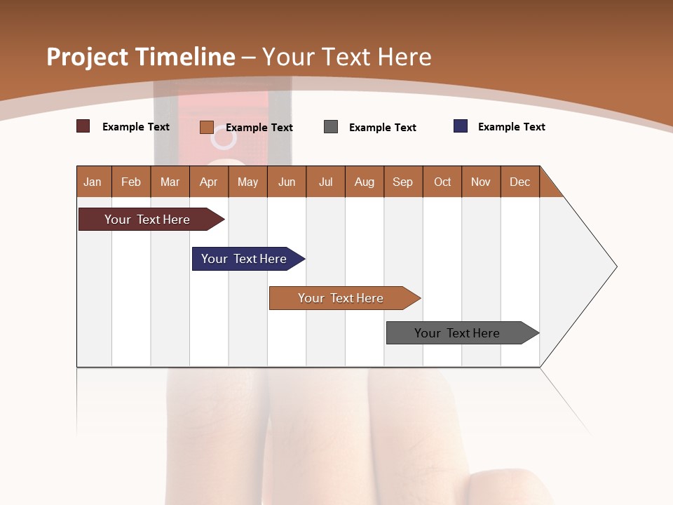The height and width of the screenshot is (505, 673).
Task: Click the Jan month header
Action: pos(93,182)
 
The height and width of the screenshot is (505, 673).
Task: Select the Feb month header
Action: pos(131,182)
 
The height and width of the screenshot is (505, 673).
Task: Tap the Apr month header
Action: pos(209,182)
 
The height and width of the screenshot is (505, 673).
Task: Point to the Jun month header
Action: pos(287,182)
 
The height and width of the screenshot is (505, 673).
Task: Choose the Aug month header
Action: pos(365,182)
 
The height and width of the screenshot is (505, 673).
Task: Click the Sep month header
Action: pos(403,182)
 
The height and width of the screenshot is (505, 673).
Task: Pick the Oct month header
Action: pos(442,182)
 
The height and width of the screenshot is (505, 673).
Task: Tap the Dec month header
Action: pos(520,182)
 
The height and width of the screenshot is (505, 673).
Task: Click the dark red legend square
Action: pos(83,126)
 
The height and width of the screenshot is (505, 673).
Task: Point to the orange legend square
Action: pos(207,127)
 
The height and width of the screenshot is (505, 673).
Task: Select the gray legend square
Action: pos(331,127)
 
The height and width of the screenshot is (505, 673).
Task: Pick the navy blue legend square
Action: pos(461,126)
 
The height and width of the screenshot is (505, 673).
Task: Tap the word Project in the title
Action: pos(88,57)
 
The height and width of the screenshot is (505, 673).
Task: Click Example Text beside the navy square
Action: pos(511,127)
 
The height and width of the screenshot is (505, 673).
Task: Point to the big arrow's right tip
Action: pos(616,267)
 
